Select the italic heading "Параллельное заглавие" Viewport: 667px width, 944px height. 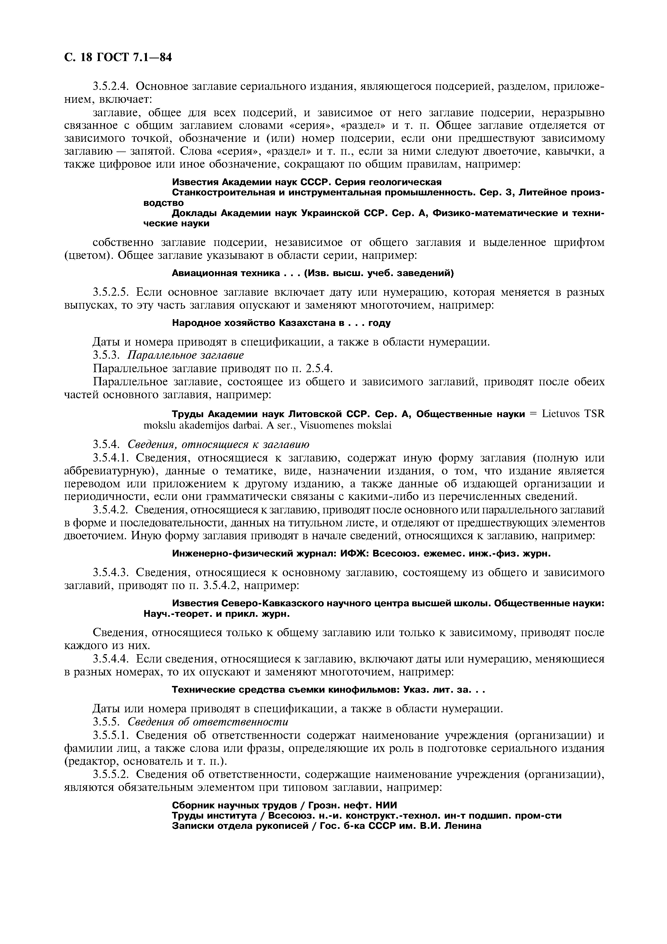click(186, 355)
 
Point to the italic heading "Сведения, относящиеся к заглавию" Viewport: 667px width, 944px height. click(218, 445)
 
